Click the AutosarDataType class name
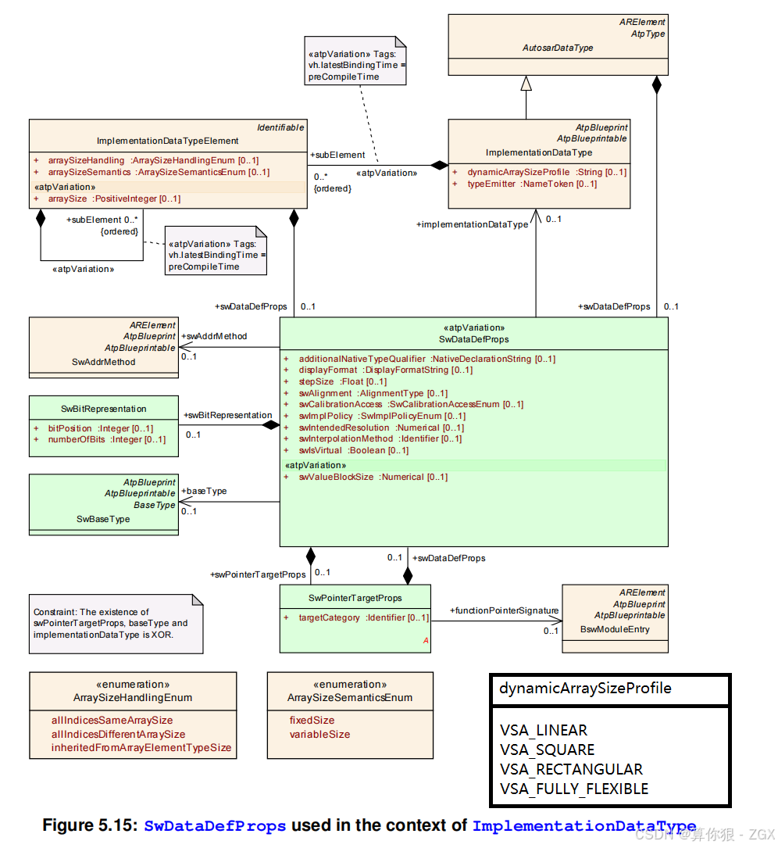557,48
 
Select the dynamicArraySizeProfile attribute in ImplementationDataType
519,172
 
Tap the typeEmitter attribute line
491,184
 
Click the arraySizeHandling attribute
86,160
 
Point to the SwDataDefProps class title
473,339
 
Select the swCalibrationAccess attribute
340,404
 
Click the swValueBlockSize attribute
336,477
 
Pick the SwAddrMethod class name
103,362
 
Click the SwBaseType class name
103,519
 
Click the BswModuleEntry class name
615,629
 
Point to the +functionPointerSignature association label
504,610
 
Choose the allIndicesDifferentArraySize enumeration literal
118,734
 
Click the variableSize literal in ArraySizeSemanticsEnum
319,734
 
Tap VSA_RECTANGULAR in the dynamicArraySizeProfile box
571,769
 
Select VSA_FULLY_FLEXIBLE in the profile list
574,789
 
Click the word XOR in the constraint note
162,635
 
